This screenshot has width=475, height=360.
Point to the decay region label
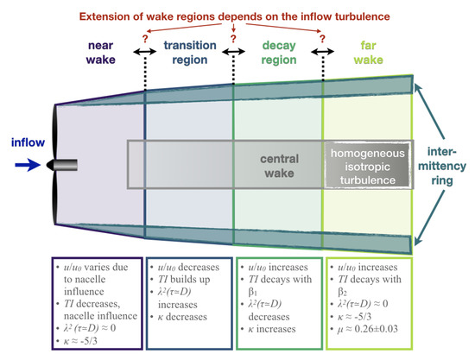(277, 54)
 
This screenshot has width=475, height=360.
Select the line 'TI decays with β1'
(279, 280)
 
